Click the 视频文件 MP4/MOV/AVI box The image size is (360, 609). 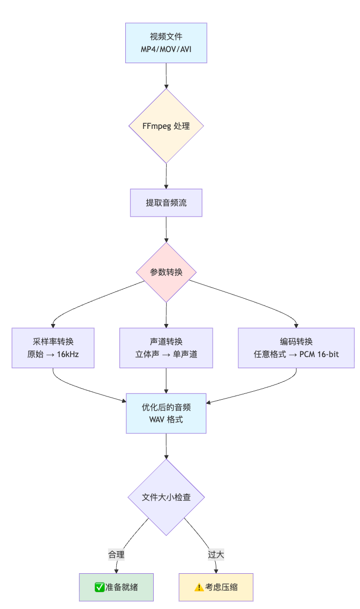coord(166,43)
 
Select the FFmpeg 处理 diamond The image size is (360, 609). coord(166,126)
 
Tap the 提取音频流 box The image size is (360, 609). coord(166,203)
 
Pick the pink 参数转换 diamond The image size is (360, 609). coord(166,272)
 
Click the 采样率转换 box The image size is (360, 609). coord(53,348)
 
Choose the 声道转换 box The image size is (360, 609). coord(166,348)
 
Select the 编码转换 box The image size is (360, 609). coord(296,348)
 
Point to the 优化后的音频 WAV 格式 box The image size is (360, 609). coord(166,413)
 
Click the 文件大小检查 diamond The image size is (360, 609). coord(166,498)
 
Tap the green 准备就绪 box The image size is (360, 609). coord(116,587)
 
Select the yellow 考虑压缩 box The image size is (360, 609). coord(216,587)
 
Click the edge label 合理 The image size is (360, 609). coord(116,554)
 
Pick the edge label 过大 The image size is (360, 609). coord(216,554)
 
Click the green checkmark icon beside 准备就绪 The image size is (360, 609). coord(99,587)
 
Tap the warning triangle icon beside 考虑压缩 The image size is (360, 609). coord(199,587)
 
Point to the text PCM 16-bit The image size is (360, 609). coord(319,354)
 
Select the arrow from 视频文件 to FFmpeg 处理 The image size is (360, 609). coord(166,76)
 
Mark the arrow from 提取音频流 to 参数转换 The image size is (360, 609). coord(166,229)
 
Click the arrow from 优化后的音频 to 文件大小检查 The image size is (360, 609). coord(166,446)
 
